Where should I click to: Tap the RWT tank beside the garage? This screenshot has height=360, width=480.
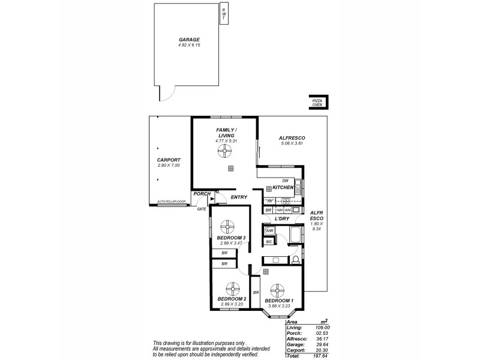[x=224, y=14]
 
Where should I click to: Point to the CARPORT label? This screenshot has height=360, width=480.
[x=168, y=160]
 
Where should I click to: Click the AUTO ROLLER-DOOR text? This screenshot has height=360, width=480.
[x=170, y=202]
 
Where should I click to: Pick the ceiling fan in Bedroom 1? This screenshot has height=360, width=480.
[x=278, y=290]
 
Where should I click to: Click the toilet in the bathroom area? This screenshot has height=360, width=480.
[x=295, y=259]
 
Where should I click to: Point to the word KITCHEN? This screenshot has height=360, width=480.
[x=283, y=188]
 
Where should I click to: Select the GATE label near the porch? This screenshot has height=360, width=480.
[x=202, y=209]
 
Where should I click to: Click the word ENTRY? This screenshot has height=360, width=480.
[x=239, y=197]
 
